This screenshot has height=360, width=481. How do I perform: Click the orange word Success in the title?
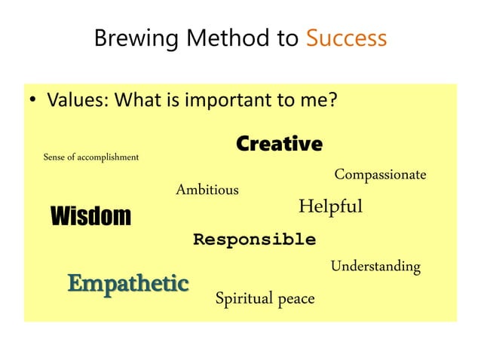click(x=346, y=38)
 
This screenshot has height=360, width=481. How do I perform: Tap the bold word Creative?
click(x=279, y=144)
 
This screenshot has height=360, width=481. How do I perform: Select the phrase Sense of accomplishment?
click(x=91, y=157)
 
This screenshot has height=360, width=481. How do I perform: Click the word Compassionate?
click(x=380, y=175)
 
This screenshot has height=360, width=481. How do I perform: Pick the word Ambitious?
click(x=207, y=190)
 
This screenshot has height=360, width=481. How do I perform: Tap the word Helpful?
click(x=330, y=206)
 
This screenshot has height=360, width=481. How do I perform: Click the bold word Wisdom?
click(x=90, y=217)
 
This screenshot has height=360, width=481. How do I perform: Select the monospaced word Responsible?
click(x=254, y=240)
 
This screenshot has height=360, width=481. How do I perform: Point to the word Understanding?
click(x=375, y=267)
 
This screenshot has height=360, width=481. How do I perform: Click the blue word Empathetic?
click(x=127, y=283)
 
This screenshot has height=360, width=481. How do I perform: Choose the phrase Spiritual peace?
click(x=265, y=299)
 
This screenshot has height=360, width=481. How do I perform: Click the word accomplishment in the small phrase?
click(x=109, y=157)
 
